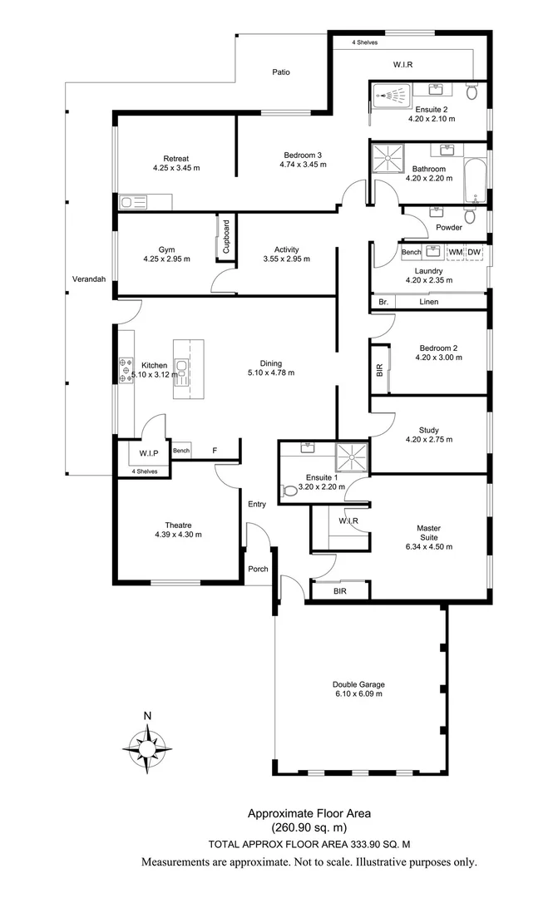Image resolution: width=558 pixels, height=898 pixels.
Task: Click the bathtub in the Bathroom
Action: pos(477,180)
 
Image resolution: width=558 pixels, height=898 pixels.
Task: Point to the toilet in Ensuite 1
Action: pos(289,491)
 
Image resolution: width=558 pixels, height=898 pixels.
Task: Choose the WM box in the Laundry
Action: pos(456,252)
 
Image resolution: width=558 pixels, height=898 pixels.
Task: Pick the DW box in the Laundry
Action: pos(474,252)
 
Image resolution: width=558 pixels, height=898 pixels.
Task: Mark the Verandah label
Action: pos(88,279)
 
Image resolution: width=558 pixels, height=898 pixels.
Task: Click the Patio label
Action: pos(281,72)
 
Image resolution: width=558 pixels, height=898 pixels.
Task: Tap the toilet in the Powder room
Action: pos(470,217)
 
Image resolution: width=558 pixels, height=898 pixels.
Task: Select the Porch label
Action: pos(258,570)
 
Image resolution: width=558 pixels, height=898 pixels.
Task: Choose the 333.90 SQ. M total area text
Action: pos(379,843)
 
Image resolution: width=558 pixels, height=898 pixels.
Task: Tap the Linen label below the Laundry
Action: pos(428,302)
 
